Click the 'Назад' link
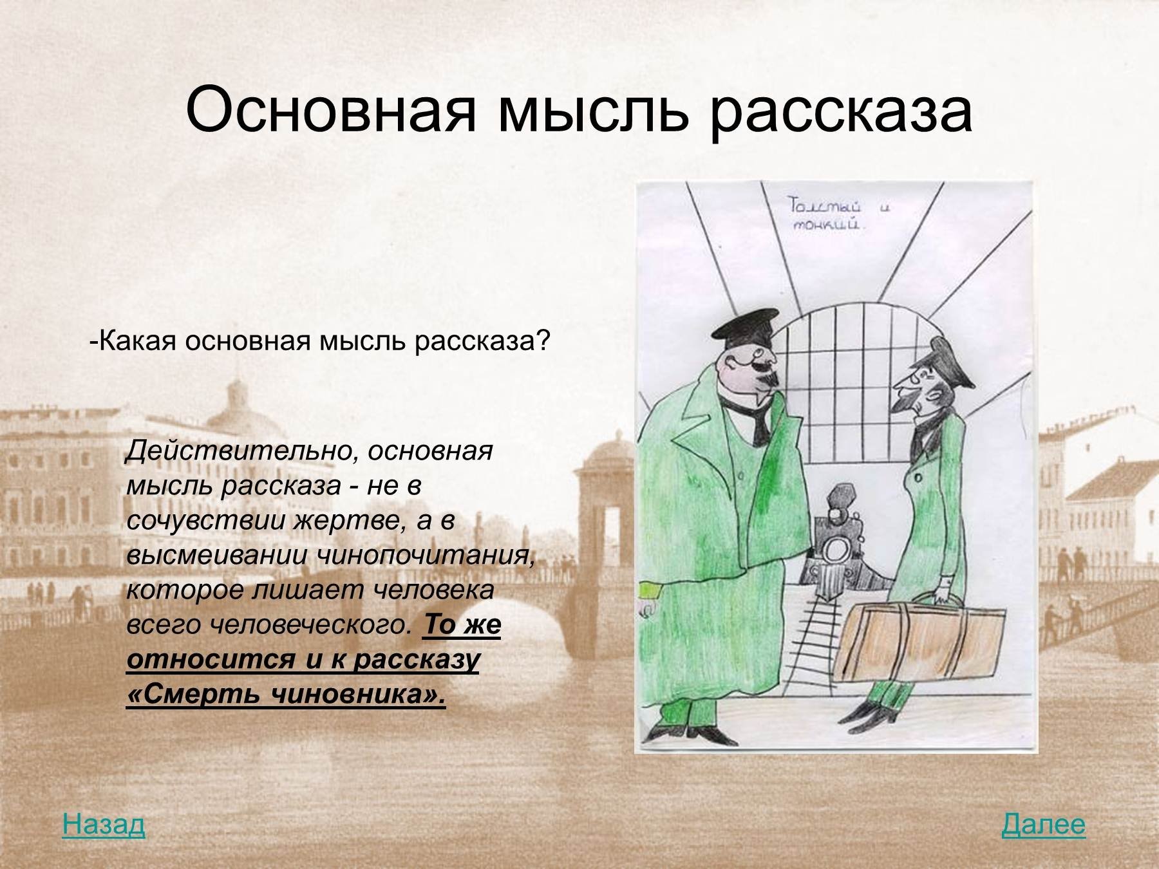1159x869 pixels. (x=104, y=825)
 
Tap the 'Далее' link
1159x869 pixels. (x=1043, y=825)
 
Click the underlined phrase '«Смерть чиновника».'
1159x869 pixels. (x=287, y=695)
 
